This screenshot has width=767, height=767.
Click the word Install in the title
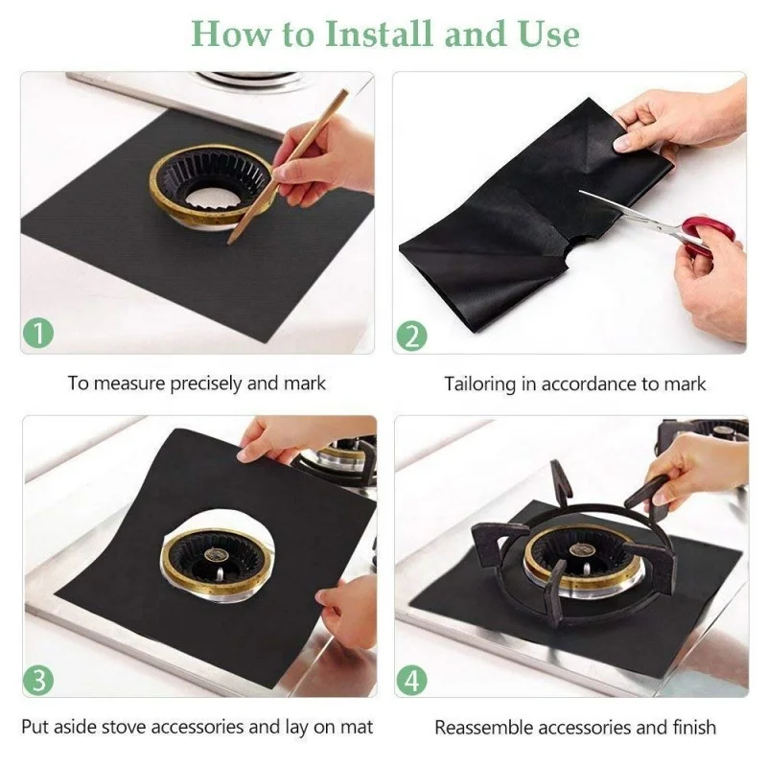(x=378, y=34)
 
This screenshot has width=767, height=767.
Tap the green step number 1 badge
(x=38, y=335)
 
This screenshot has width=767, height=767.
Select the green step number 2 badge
(x=410, y=337)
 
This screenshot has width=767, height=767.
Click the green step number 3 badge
(x=38, y=681)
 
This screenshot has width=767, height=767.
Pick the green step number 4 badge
(x=411, y=681)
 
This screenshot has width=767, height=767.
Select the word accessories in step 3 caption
(x=202, y=727)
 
